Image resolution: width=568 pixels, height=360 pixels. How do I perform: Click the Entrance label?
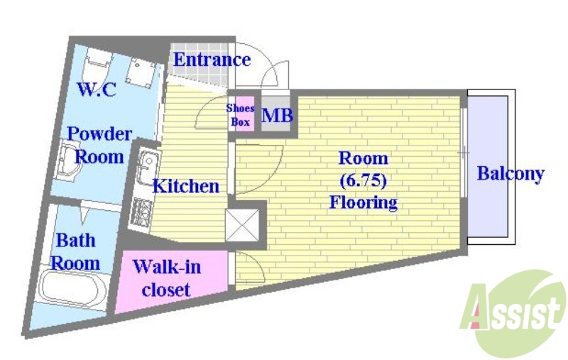212,60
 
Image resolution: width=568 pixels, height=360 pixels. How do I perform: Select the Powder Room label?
99,145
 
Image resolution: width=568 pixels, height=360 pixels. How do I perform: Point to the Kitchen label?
186,187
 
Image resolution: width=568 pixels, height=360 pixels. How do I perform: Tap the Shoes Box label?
240,114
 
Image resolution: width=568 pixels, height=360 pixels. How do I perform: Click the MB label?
277,116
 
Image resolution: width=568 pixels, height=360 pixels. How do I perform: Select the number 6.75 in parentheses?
363,180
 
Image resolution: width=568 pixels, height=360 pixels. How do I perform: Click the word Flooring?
363,203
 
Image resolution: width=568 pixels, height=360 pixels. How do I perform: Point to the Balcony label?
510,173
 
